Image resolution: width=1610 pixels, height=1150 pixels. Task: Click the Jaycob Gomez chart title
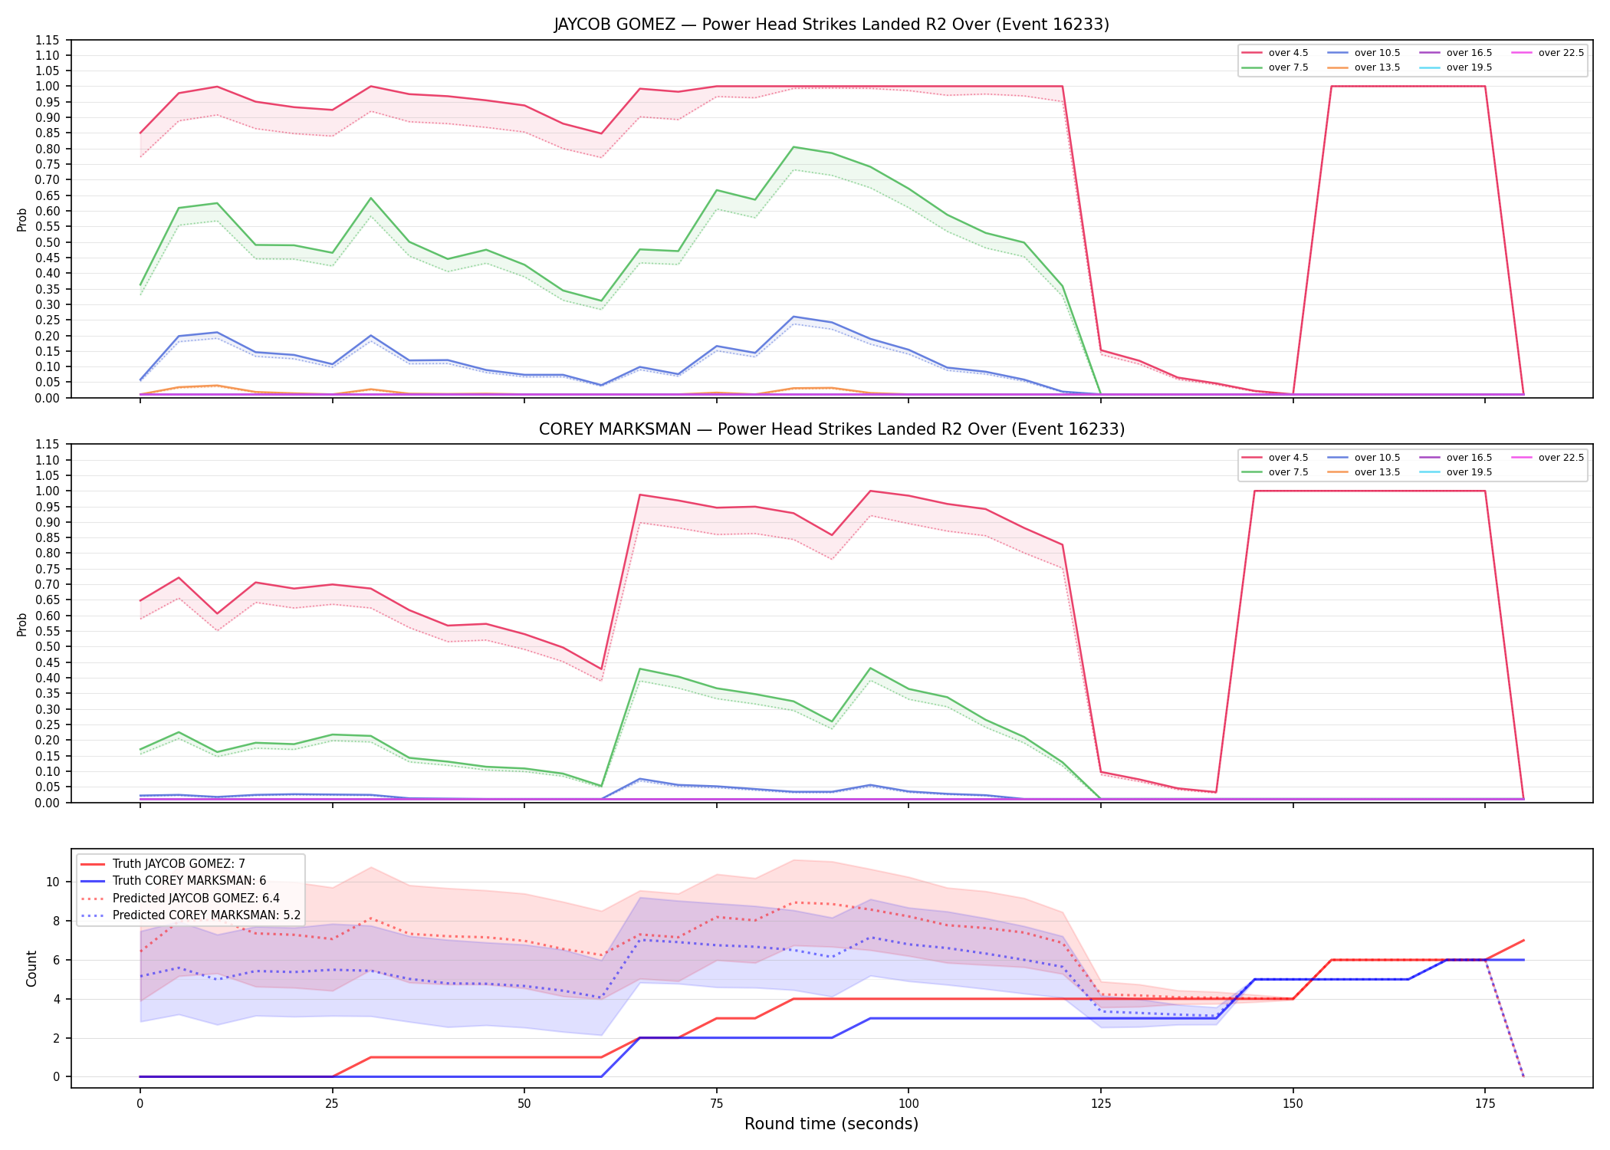831,25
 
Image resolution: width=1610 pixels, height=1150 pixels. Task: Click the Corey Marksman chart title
831,429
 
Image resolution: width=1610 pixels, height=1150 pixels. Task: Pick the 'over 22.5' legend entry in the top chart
1548,53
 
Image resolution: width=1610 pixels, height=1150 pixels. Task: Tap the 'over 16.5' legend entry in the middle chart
1455,458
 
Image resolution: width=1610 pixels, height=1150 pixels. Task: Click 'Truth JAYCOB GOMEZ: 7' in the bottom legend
163,864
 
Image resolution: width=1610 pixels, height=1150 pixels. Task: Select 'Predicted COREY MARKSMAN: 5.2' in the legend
190,915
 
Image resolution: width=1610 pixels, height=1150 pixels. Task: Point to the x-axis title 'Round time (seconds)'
831,1124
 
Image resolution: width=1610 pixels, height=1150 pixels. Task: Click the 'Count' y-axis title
31,968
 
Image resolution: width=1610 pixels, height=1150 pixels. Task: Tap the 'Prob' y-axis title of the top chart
22,219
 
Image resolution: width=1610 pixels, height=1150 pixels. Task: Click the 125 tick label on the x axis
1100,1104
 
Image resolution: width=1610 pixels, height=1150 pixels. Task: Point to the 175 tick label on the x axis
1485,1104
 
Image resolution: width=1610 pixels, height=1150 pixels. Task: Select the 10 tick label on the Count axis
53,882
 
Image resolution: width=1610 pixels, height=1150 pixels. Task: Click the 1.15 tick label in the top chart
48,40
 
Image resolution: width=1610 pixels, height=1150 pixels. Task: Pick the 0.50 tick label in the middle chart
48,646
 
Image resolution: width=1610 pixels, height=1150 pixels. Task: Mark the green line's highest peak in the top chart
793,146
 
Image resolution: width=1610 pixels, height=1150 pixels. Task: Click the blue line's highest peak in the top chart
793,317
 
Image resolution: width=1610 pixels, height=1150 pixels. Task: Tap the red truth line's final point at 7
1523,940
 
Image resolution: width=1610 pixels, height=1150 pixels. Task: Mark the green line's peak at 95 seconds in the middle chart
870,668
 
